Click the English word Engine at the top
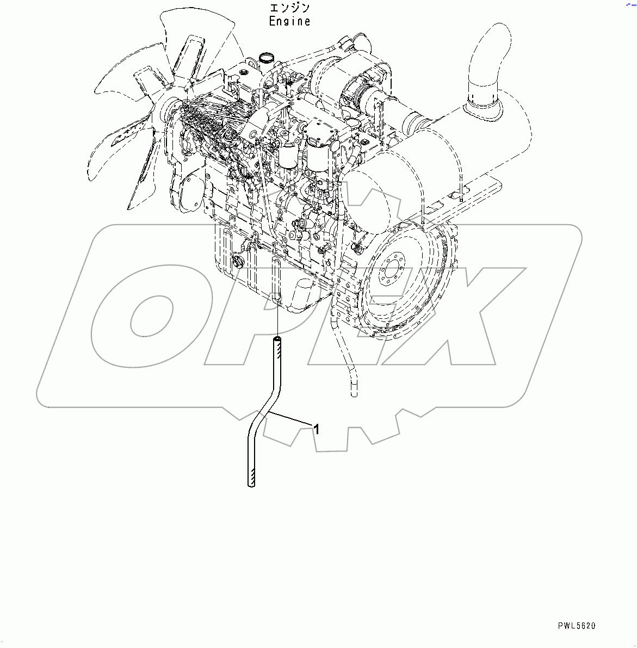pos(290,21)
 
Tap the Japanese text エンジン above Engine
pos(290,8)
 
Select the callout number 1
pos(316,429)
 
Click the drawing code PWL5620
pos(576,626)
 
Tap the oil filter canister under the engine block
pos(308,297)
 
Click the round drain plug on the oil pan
pos(238,264)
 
